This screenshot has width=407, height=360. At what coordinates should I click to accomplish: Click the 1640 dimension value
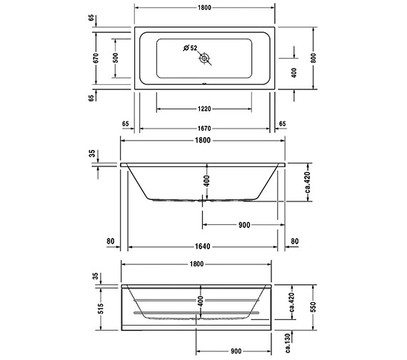pyautogui.click(x=203, y=247)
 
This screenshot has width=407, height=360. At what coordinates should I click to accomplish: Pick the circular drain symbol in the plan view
pyautogui.click(x=204, y=58)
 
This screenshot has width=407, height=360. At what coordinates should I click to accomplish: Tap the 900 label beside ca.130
pyautogui.click(x=236, y=351)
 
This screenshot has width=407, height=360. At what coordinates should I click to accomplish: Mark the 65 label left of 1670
pyautogui.click(x=126, y=124)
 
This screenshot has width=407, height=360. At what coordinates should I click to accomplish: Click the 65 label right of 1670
pyautogui.click(x=282, y=124)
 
